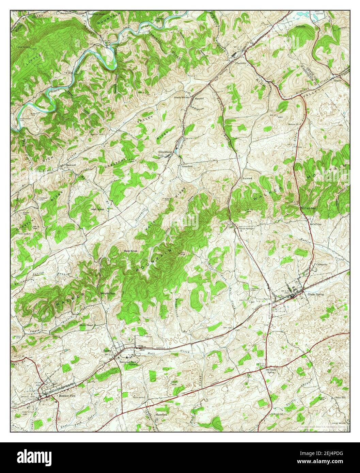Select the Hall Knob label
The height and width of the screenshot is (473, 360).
point(97,209)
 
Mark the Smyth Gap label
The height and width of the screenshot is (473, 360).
point(107,293)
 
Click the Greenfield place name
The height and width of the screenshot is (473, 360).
point(187,167)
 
